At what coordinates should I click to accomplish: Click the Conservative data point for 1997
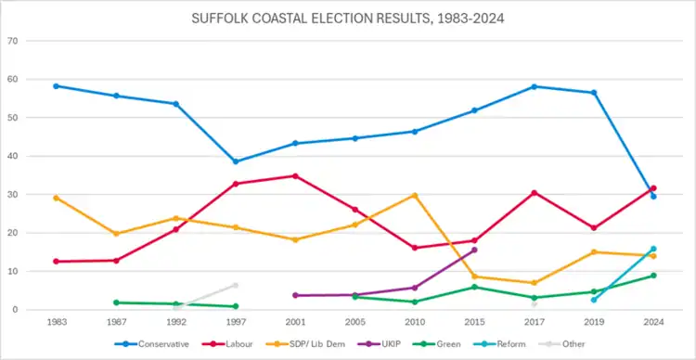[x=236, y=161]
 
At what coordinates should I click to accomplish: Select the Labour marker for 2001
[x=295, y=176]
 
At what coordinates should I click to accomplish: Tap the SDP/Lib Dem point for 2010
[x=415, y=196]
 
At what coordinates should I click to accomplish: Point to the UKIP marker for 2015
[x=474, y=250]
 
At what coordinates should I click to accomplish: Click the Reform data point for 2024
[x=653, y=249]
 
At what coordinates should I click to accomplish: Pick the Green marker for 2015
[x=474, y=288]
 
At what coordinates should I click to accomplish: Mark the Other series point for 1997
[x=236, y=286]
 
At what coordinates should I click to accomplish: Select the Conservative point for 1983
[x=57, y=86]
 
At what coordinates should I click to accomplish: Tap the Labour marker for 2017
[x=535, y=193]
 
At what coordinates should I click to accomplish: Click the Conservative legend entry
[x=152, y=344]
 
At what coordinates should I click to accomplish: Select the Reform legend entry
[x=503, y=344]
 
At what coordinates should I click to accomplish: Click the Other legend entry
[x=561, y=344]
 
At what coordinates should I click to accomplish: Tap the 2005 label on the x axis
[x=355, y=323]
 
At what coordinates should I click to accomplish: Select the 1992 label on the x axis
[x=175, y=323]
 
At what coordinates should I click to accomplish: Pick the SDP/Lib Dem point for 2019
[x=594, y=252]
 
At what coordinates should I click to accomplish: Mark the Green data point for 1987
[x=116, y=302]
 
